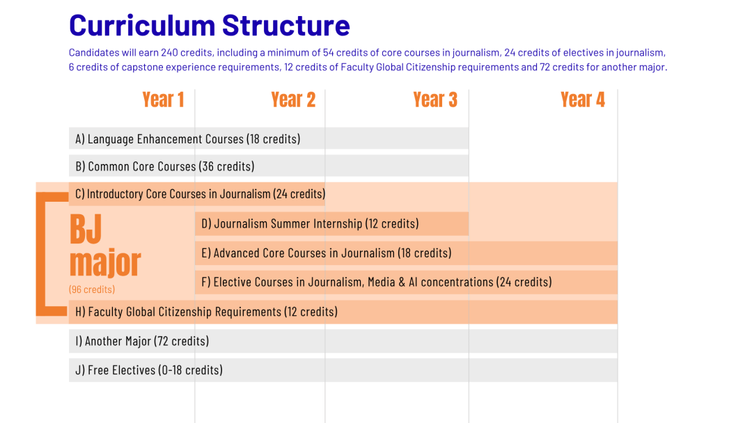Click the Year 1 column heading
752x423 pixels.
click(x=163, y=100)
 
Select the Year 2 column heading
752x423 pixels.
click(x=293, y=100)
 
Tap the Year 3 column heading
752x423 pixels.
click(x=435, y=100)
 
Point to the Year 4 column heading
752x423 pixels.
click(x=583, y=100)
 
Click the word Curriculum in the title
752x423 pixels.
click(x=141, y=26)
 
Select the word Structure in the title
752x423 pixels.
click(x=286, y=26)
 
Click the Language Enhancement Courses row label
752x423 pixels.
click(x=188, y=139)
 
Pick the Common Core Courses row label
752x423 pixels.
click(x=165, y=167)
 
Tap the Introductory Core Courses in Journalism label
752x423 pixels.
click(x=200, y=194)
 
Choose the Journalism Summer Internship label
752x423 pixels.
click(x=310, y=224)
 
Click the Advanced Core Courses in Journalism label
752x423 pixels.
click(x=326, y=253)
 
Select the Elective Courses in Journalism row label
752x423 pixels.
click(x=376, y=282)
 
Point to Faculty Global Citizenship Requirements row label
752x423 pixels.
click(x=206, y=312)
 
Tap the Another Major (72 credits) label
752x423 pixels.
click(x=142, y=342)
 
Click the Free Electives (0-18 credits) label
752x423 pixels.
click(x=149, y=370)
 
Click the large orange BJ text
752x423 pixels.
click(x=86, y=230)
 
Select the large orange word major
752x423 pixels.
click(x=105, y=263)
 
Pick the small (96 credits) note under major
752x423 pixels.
click(x=92, y=289)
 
